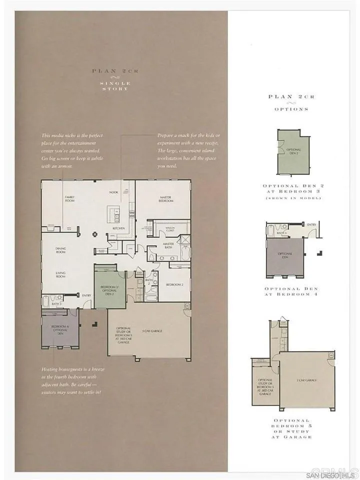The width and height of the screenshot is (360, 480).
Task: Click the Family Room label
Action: pos(69,198)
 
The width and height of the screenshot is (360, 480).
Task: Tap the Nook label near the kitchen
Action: pos(113,192)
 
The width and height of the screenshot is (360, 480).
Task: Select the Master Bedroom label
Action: pos(165,198)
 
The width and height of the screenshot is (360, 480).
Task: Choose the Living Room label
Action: pos(60,274)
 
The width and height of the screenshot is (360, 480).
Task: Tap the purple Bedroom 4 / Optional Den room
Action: pos(59,330)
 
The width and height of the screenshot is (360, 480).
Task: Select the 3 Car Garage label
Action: pos(150,330)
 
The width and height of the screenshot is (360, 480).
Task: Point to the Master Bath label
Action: pos(168,246)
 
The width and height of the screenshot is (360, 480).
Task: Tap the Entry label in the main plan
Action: pos(86,295)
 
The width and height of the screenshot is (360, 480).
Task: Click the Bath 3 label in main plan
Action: pos(57,303)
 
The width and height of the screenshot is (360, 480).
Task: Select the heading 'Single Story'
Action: pos(114,86)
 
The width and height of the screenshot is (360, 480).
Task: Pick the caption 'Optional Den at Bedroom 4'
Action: pos(290,292)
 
